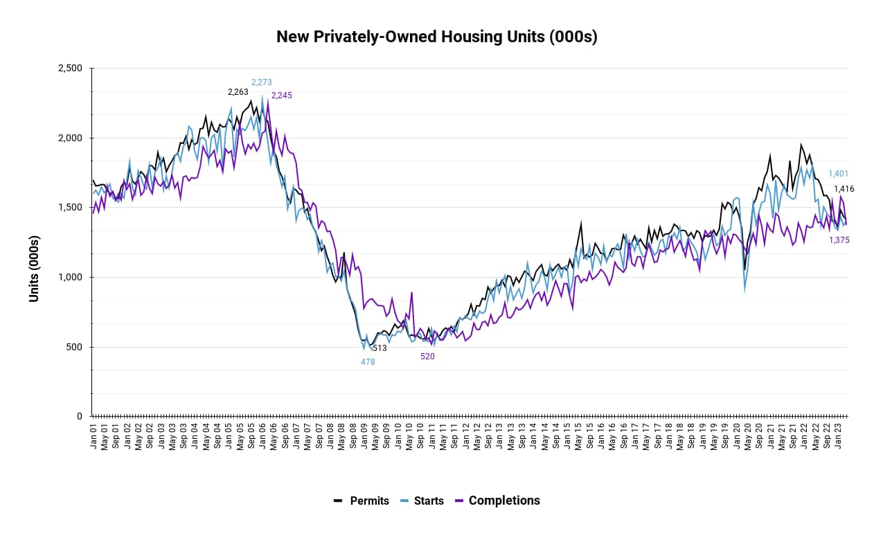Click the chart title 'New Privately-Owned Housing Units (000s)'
pos(436,37)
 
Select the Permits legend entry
pos(362,501)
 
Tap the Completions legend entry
pos(497,501)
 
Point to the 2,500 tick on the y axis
pos(69,69)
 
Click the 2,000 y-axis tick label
pos(69,138)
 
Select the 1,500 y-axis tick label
pos(69,208)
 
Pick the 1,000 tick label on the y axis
pos(69,277)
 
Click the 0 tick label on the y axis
pos(80,416)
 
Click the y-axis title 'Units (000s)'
pos(34,269)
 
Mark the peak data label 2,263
pos(238,92)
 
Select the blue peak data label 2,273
pos(262,82)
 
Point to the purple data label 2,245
pos(282,96)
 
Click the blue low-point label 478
pos(368,362)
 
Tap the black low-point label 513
pos(380,348)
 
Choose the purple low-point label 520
pos(427,357)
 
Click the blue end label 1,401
pos(838,174)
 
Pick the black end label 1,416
pos(844,189)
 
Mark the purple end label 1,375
pos(839,240)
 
